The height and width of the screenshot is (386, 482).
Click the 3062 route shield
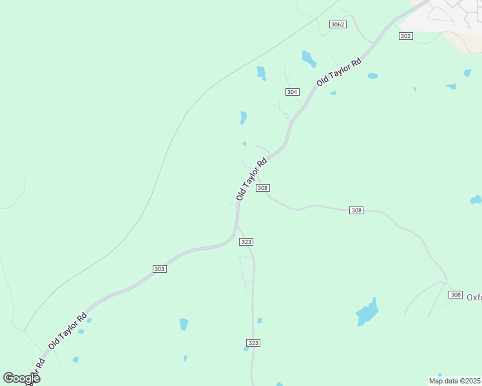[338, 24]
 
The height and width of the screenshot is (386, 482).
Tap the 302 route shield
[405, 36]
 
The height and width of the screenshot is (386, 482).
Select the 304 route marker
[293, 92]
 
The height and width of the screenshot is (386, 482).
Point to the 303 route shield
[160, 268]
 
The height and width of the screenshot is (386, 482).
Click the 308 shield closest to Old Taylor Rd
[262, 188]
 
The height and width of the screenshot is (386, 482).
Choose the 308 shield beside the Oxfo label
[456, 295]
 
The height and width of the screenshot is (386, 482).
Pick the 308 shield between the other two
[356, 210]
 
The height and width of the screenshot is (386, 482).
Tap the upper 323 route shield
[246, 242]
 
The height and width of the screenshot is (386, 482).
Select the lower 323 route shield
[253, 343]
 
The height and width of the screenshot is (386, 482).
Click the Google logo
[21, 378]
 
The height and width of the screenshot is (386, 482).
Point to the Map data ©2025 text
[455, 381]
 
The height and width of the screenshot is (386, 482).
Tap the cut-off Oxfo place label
[474, 297]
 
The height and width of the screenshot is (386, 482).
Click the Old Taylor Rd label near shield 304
[339, 71]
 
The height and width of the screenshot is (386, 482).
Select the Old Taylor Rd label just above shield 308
[251, 180]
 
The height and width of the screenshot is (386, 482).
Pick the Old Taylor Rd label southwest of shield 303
[67, 331]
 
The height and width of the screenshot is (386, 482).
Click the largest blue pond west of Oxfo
[367, 313]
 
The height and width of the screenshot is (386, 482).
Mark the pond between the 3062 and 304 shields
[309, 59]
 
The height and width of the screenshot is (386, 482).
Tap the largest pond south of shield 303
[184, 324]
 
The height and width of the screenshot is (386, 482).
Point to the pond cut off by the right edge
[476, 200]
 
